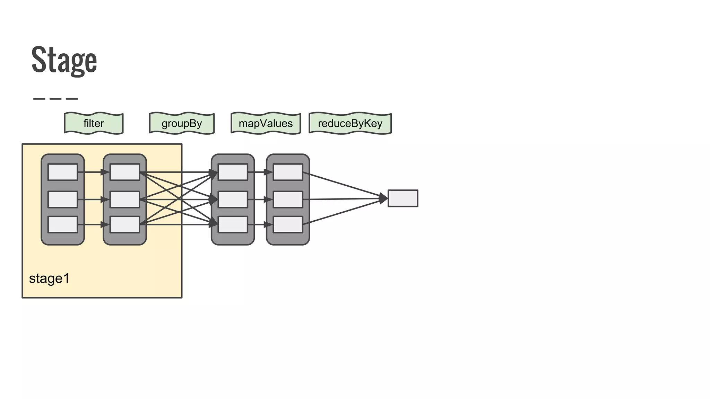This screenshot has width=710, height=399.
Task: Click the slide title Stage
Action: [64, 60]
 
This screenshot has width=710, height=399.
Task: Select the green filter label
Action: [94, 123]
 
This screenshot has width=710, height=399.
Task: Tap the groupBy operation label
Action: [182, 123]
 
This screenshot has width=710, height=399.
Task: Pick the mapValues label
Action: [266, 123]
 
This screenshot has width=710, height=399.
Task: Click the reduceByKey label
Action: [350, 123]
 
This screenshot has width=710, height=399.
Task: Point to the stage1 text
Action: [49, 278]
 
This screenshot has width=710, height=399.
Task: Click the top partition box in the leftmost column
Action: [63, 172]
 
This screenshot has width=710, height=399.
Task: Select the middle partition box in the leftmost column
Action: [63, 199]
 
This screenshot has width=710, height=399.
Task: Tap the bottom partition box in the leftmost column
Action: [63, 224]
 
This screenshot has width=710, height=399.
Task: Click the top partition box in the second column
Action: [125, 172]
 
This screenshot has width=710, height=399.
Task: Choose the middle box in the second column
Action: [125, 199]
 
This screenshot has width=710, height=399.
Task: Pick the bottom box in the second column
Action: [125, 224]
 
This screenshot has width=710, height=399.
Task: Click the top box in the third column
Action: [233, 172]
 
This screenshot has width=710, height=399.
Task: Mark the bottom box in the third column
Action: [233, 224]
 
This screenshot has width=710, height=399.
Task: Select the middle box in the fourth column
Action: [288, 199]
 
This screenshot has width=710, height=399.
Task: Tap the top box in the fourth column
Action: [288, 172]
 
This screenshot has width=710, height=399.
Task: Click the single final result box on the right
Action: [403, 198]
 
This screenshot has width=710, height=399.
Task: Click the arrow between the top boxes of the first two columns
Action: [93, 172]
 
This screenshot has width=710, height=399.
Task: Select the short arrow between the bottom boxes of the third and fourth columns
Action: [260, 224]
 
